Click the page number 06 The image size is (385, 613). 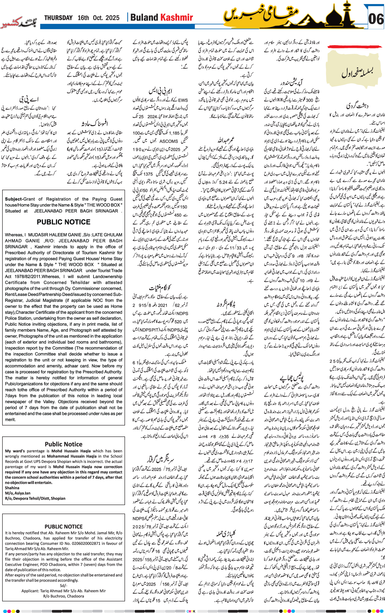coord(376,19)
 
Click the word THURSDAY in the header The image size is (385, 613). coord(58,18)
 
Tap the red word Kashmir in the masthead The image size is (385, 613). coord(176,18)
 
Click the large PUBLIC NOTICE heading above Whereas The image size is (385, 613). coord(63,222)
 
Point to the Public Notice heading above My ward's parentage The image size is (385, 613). coord(63,444)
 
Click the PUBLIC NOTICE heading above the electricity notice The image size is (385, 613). coord(63,527)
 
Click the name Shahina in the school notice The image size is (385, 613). coord(12,488)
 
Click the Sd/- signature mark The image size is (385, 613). coord(63,586)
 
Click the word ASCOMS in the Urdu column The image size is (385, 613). coord(168,141)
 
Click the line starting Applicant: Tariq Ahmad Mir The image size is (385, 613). coord(63,591)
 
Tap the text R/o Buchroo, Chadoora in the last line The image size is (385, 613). coord(63,596)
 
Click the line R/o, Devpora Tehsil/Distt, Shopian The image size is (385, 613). coord(35,498)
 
